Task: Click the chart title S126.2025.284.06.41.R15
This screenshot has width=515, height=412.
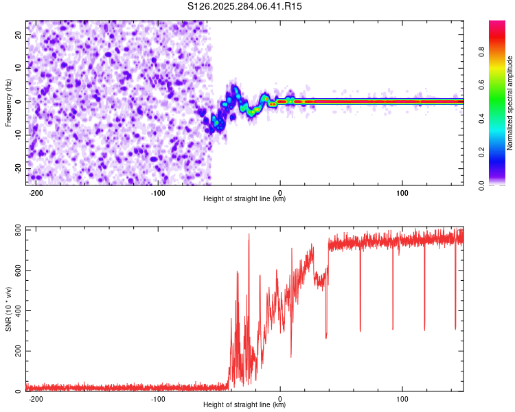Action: (245, 6)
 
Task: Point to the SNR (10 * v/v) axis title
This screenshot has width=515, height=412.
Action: (9, 308)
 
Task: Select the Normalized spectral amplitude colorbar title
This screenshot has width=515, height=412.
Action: (510, 104)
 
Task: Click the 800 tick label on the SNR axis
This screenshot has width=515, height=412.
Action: (18, 230)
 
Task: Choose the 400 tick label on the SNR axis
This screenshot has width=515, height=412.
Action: (18, 311)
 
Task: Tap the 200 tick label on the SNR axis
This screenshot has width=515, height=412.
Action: (18, 352)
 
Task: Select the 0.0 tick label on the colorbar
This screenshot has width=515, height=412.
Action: (481, 185)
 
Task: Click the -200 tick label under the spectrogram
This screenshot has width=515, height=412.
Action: (36, 193)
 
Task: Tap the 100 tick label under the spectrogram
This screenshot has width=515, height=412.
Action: (402, 193)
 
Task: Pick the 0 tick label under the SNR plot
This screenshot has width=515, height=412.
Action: (280, 398)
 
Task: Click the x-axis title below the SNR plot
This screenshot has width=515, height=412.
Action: (244, 405)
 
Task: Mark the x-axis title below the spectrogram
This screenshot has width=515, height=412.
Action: (244, 199)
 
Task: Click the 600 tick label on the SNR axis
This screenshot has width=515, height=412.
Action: (18, 271)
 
